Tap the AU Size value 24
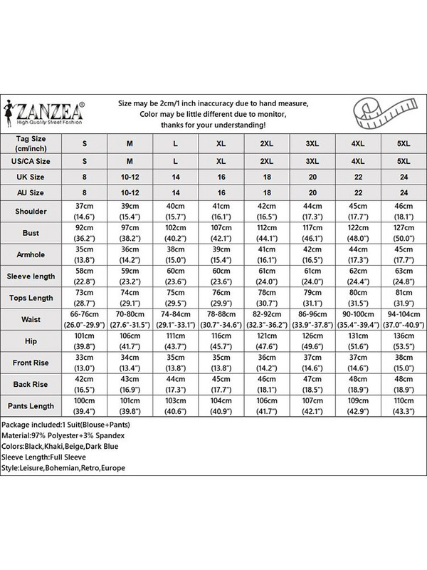click(x=404, y=192)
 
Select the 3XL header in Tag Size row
click(x=312, y=143)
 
